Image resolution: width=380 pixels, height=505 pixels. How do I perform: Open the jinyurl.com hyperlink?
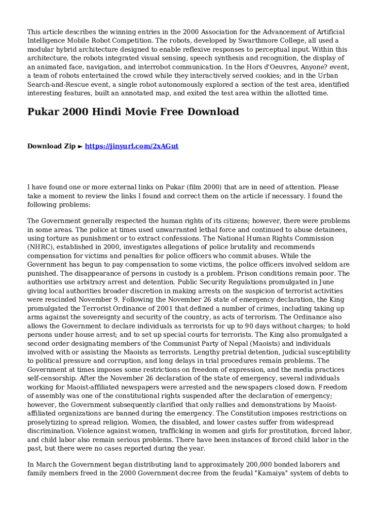pos(132,146)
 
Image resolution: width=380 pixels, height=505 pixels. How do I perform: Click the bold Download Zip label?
pos(51,146)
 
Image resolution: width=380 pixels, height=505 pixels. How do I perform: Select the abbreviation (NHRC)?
pos(40,247)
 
